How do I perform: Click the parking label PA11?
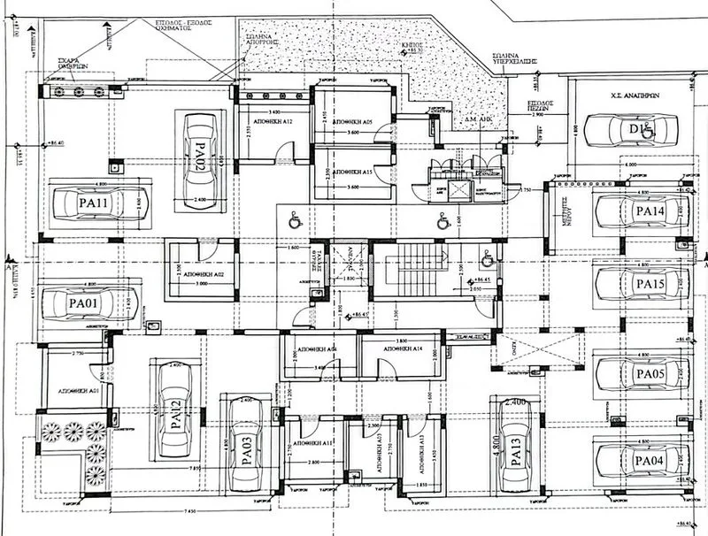[x=93, y=204]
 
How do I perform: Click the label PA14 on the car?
[x=650, y=211]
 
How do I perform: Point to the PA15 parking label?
[x=650, y=284]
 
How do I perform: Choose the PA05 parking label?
[x=649, y=373]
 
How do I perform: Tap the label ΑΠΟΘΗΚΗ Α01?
[x=78, y=389]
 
